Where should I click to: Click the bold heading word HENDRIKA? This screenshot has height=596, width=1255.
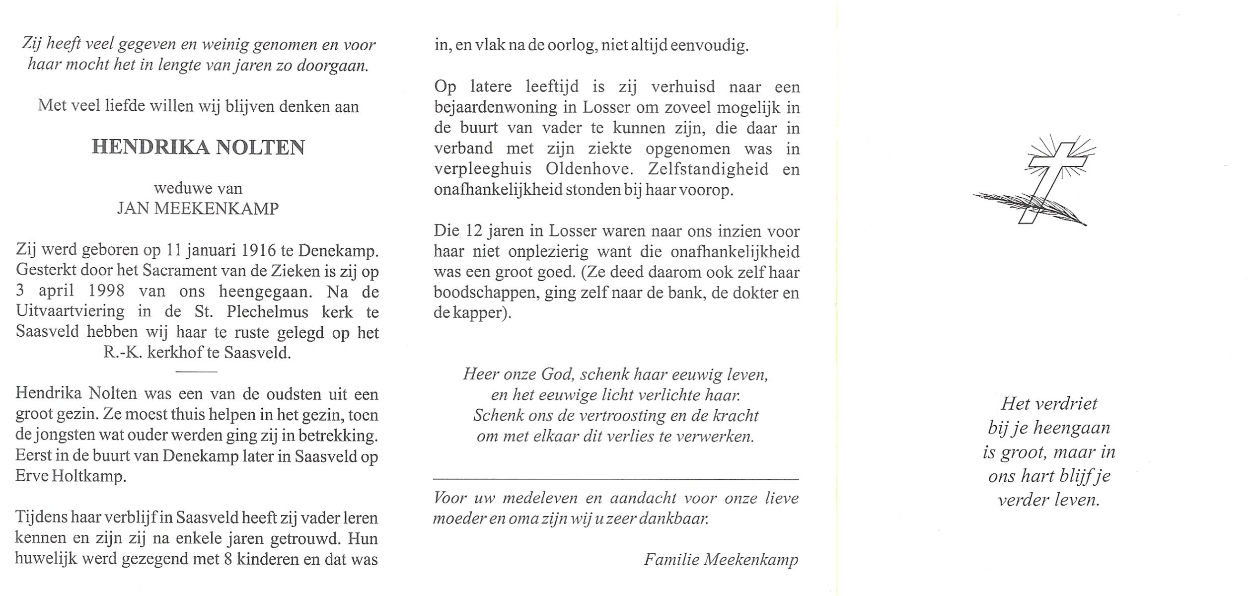150,148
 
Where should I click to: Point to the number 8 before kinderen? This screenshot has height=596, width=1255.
228,559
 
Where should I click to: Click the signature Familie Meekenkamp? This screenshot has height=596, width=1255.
721,560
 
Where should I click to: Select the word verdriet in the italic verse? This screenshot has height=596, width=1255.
1069,403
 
